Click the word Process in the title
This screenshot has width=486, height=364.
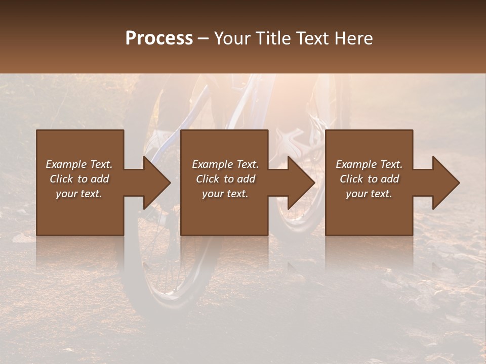[159, 38]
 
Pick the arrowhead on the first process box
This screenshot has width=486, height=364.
[156, 183]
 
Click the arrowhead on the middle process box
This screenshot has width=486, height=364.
[301, 183]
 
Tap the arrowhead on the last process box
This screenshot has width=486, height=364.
[446, 183]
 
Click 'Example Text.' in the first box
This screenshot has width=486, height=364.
[79, 164]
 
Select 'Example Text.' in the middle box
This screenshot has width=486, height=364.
[225, 164]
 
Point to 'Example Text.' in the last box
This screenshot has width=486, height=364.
[369, 164]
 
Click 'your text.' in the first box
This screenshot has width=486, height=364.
[79, 194]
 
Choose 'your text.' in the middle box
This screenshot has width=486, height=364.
[225, 194]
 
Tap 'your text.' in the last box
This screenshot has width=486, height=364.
[369, 194]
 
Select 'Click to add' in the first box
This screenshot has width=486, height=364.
[79, 179]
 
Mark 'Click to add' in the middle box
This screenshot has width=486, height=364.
[225, 179]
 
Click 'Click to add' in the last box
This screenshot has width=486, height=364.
[369, 179]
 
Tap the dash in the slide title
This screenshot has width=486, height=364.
[204, 39]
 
